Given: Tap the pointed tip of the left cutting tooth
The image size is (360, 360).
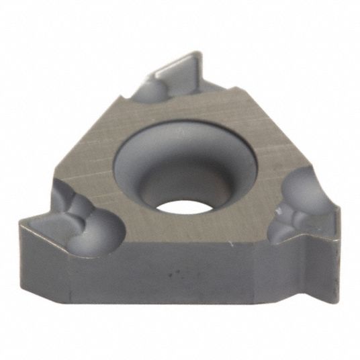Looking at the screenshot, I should pyautogui.click(x=21, y=224).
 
